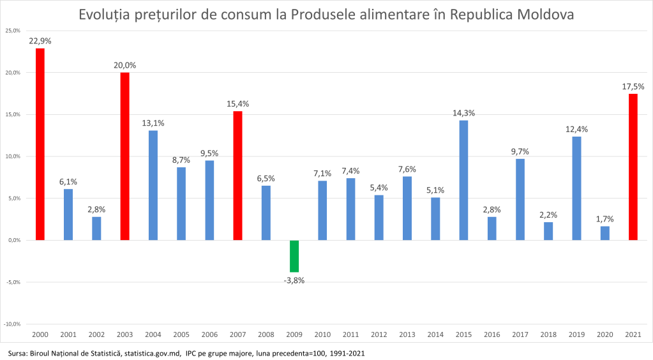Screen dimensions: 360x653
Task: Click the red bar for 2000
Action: coord(40,144)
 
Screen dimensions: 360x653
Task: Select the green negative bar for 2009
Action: coord(294,256)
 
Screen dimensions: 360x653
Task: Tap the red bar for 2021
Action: coord(633,167)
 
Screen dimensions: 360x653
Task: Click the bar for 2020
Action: coord(604,233)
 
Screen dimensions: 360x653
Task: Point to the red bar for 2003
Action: coord(125,156)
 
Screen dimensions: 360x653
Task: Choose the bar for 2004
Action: coord(153,185)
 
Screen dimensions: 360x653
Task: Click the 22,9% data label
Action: coord(40,41)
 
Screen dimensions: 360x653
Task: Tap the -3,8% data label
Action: coord(294,280)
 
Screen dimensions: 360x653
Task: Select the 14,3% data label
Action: coord(463,113)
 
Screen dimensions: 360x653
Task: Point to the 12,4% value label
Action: coord(576,129)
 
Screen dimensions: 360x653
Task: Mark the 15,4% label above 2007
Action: coord(237,103)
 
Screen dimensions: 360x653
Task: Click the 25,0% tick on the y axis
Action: coord(13,31)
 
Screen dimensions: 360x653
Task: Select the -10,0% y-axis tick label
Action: coord(12,324)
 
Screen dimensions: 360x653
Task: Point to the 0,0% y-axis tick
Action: coord(13,241)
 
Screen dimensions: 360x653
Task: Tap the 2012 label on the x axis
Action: coord(379,334)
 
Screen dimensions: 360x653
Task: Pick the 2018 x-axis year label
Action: coord(548,334)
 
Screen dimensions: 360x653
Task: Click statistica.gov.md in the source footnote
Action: coord(153,353)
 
